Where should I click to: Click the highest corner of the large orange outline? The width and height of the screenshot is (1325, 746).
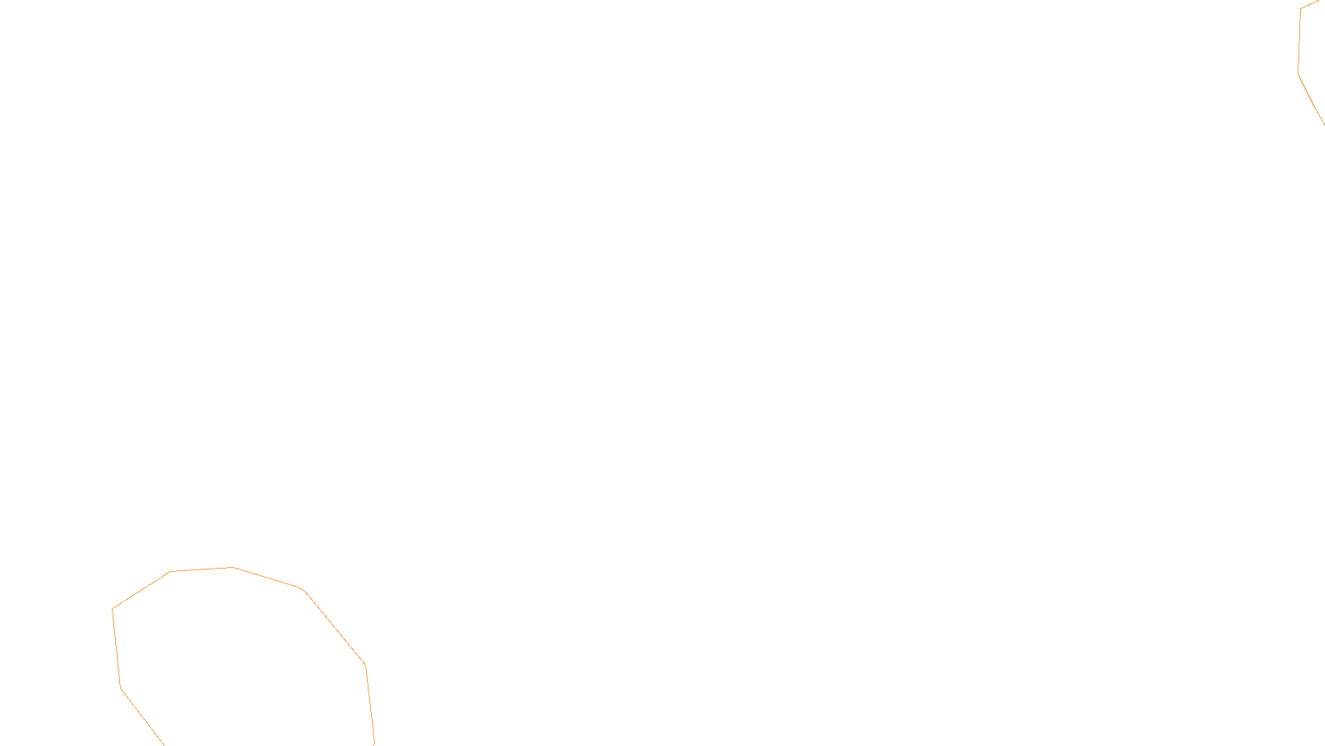point(234,568)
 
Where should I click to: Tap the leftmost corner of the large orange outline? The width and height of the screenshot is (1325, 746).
point(113,609)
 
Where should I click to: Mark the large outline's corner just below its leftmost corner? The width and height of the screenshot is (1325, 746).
point(121,688)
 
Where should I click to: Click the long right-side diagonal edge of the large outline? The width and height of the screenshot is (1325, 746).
point(335,627)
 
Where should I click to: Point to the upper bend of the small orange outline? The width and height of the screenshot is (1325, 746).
point(1301,9)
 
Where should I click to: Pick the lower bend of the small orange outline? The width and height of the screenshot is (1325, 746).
point(1298,73)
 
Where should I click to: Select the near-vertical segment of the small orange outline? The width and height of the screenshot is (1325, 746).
point(1299,41)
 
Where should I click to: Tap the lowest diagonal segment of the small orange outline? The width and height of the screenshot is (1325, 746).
point(1311,100)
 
